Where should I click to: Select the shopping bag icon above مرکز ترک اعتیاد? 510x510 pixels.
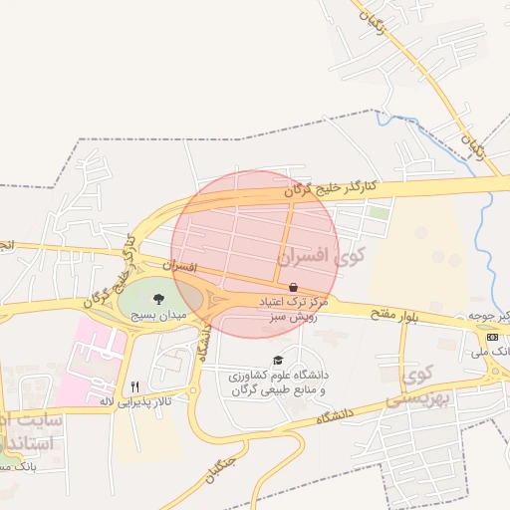click(292, 286)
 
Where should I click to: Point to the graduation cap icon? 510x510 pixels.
click(278, 360)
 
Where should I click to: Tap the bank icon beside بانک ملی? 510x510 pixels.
click(492, 337)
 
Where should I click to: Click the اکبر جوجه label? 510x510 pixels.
click(495, 317)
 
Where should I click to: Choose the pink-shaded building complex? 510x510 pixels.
click(92, 359)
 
